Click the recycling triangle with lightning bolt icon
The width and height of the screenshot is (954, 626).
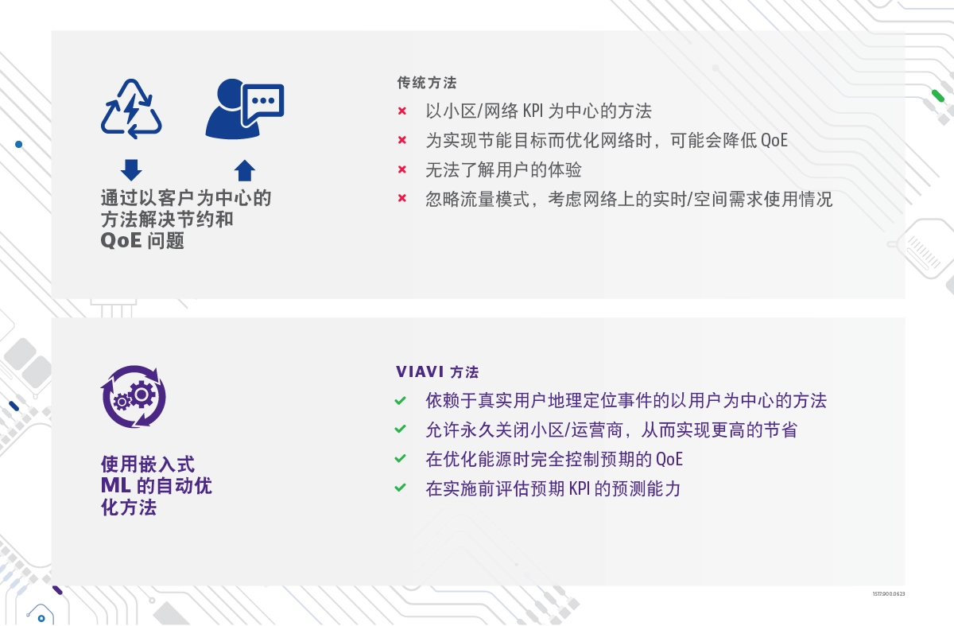click(x=131, y=109)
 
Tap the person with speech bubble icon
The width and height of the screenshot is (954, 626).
click(x=245, y=109)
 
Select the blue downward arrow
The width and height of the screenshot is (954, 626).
click(x=131, y=170)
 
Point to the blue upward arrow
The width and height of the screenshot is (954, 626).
click(x=245, y=170)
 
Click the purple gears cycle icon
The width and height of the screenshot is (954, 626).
click(x=134, y=396)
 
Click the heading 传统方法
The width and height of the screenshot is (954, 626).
click(x=427, y=83)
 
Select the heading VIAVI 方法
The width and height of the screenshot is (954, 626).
click(x=437, y=372)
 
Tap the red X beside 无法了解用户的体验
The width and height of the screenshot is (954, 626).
click(x=402, y=169)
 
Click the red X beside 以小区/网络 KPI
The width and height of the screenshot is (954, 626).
click(x=402, y=111)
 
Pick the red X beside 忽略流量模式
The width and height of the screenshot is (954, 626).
click(x=402, y=198)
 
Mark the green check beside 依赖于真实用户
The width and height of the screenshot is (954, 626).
click(x=401, y=401)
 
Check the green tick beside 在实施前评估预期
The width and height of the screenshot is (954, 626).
click(x=401, y=488)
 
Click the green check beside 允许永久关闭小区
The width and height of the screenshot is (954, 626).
click(x=401, y=429)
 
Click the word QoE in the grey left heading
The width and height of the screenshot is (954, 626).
click(x=121, y=241)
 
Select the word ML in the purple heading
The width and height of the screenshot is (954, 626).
click(x=116, y=486)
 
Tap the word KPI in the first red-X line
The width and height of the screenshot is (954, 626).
click(x=533, y=111)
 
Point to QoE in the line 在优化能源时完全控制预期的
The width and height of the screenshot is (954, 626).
click(x=669, y=460)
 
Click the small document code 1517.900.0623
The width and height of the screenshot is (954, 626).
click(x=889, y=593)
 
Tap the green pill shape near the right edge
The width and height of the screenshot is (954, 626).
click(x=938, y=96)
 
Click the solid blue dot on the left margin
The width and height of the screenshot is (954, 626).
click(x=19, y=145)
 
